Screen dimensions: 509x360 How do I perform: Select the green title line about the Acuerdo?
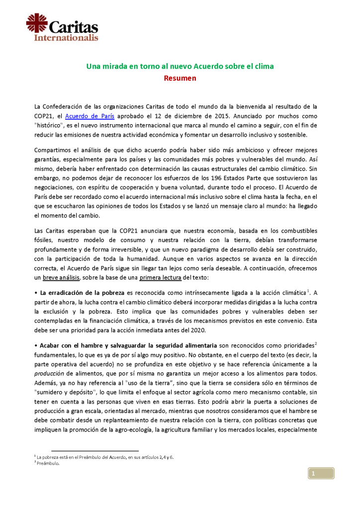pyautogui.click(x=180, y=66)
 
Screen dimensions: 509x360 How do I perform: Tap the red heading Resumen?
pyautogui.click(x=180, y=78)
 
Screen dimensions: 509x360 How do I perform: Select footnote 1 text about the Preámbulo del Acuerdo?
pyautogui.click(x=104, y=456)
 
